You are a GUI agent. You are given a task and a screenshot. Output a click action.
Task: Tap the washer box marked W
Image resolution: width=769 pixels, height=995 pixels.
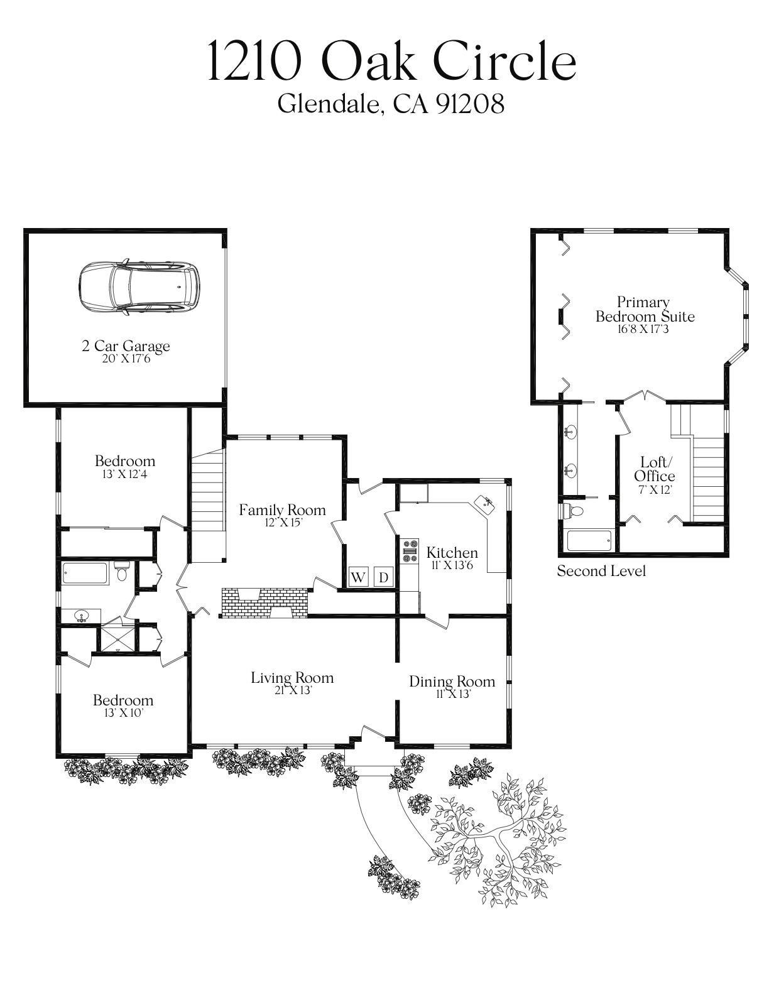(358, 577)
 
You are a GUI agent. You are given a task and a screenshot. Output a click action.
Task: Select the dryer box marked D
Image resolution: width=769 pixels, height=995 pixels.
(384, 577)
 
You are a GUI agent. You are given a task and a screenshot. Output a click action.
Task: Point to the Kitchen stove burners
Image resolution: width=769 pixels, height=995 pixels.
(410, 551)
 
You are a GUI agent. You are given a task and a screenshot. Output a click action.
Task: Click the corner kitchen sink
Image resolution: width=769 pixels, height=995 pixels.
(484, 503)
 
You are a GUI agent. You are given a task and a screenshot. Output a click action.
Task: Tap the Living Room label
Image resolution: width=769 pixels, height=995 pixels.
(292, 678)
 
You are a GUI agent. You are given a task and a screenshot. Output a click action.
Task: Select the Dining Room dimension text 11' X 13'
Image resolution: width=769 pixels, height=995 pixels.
(452, 694)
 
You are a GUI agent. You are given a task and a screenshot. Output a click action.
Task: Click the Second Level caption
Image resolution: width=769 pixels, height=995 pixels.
(601, 571)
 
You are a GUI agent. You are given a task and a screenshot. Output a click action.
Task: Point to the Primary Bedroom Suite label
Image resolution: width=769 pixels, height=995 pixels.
(645, 309)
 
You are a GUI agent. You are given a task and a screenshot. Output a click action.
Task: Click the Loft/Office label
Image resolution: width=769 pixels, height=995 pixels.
(654, 469)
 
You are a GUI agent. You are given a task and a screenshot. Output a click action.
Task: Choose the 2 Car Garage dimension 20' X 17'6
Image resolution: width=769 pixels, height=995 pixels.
(126, 359)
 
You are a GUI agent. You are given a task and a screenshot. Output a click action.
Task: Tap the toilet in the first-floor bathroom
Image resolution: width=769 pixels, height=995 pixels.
(122, 572)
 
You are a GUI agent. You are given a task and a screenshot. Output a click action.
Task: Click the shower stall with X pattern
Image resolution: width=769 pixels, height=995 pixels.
(117, 636)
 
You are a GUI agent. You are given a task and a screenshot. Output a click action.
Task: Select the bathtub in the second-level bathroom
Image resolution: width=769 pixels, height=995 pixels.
(589, 540)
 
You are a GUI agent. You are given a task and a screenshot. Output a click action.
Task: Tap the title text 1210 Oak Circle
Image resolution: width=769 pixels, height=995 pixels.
(391, 61)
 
